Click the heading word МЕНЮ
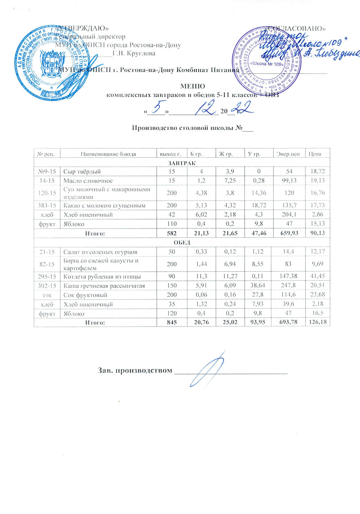192,86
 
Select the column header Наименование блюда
108,154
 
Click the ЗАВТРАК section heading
182,163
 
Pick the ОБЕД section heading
182,242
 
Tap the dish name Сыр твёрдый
82,172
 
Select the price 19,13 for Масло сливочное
317,181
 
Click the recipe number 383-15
47,205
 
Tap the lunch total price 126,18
317,322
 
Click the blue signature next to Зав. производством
207,369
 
